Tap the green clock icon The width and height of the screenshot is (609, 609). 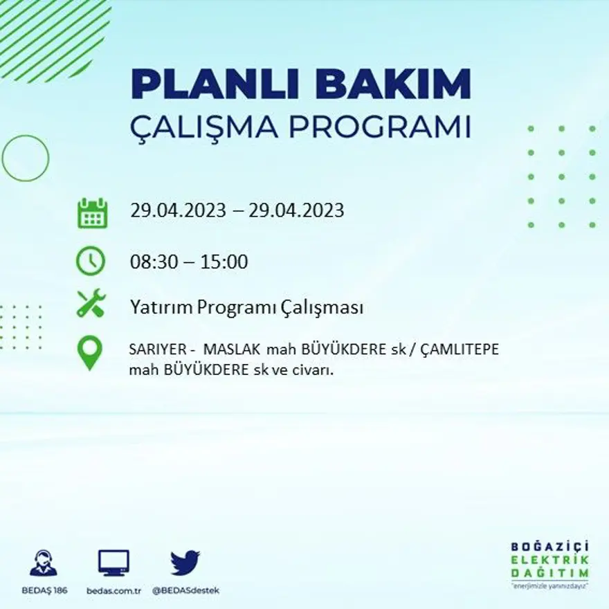pyautogui.click(x=91, y=262)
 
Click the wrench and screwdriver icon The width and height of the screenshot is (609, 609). pyautogui.click(x=91, y=303)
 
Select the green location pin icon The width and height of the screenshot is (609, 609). pyautogui.click(x=89, y=352)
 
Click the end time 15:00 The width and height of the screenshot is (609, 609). pyautogui.click(x=224, y=262)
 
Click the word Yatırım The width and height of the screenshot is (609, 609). pyautogui.click(x=160, y=308)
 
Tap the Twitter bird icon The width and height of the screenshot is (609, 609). pyautogui.click(x=185, y=563)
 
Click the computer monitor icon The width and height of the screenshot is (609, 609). pyautogui.click(x=113, y=563)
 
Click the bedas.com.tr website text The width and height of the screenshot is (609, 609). pyautogui.click(x=114, y=590)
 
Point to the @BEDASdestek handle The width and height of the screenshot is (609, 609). pyautogui.click(x=185, y=590)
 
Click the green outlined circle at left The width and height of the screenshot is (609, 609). pyautogui.click(x=26, y=158)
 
